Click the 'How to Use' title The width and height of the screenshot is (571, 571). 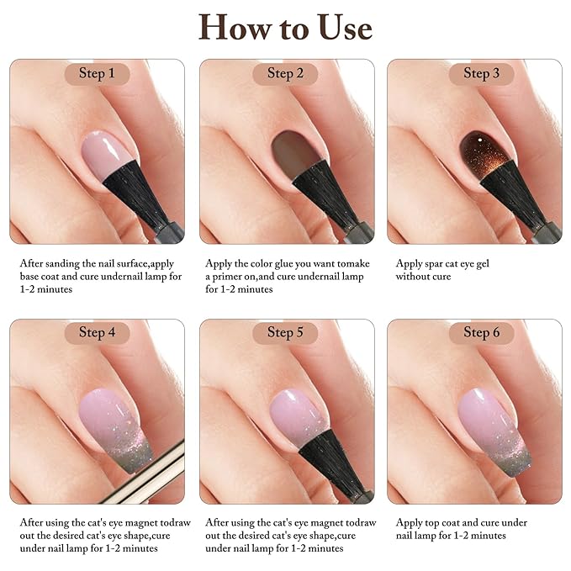tap(285, 28)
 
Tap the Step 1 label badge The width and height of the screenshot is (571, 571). tap(97, 74)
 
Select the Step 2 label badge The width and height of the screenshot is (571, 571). tap(285, 74)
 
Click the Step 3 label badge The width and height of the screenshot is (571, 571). tap(481, 74)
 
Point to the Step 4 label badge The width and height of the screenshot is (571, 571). tap(97, 332)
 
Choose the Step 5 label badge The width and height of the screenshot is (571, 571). tap(285, 332)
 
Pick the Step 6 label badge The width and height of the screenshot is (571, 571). tap(481, 332)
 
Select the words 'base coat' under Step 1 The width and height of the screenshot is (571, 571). tap(40, 276)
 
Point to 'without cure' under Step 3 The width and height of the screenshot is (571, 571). tap(427, 276)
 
